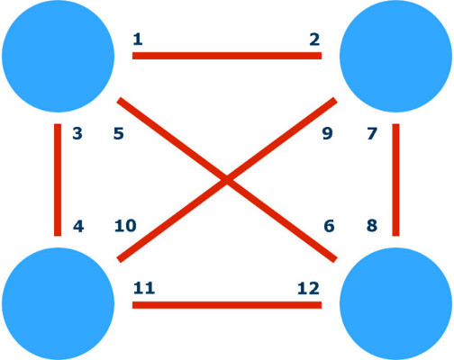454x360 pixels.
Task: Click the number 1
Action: click(x=138, y=40)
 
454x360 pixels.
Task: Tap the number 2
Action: click(x=314, y=40)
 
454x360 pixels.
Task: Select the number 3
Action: click(x=77, y=133)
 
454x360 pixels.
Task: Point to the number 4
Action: click(x=78, y=226)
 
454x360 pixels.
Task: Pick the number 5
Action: click(x=119, y=133)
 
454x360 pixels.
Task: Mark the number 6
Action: click(x=329, y=226)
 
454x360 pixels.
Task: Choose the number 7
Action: click(x=372, y=133)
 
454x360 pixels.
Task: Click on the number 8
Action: click(x=372, y=226)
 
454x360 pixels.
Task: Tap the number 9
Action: click(x=327, y=133)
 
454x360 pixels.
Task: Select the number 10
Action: click(x=125, y=226)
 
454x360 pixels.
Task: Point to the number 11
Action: click(x=144, y=288)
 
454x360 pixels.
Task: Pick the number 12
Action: click(x=308, y=289)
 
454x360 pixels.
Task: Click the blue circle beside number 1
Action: click(x=58, y=56)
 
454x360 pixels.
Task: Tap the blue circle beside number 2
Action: click(x=395, y=56)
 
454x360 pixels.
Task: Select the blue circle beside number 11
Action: click(x=58, y=304)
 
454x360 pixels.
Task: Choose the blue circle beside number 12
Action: click(x=395, y=304)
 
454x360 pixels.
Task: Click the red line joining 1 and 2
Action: click(x=227, y=56)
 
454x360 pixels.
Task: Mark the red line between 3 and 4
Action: click(x=58, y=180)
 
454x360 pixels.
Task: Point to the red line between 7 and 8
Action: click(x=395, y=180)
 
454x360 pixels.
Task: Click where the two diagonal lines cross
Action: click(x=227, y=180)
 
